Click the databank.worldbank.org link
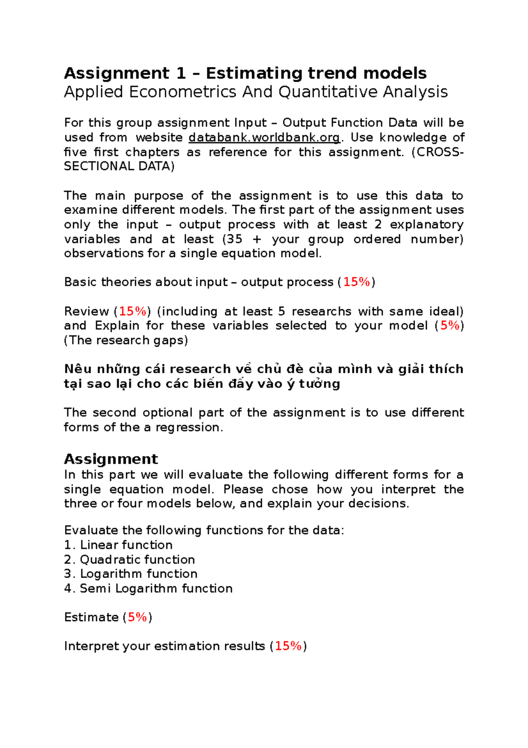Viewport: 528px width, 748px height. tap(264, 137)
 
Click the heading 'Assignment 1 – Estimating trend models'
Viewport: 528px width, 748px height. tap(245, 73)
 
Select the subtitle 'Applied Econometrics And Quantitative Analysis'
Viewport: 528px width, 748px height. tap(256, 92)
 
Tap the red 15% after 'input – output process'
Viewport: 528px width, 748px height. tap(356, 282)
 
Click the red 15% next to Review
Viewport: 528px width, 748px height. tap(132, 311)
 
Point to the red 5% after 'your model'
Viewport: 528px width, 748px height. tap(450, 326)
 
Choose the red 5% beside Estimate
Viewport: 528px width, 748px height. tap(137, 617)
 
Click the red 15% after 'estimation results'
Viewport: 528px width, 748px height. tap(288, 646)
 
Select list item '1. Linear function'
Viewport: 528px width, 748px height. tap(118, 545)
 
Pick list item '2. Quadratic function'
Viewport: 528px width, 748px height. tap(129, 559)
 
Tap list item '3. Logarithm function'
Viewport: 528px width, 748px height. tap(131, 574)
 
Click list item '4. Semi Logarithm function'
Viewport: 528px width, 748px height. tap(148, 589)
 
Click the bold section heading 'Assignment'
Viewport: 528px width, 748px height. tap(111, 459)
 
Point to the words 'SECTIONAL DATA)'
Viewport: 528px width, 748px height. tap(119, 166)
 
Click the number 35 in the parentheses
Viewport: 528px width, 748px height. tap(234, 239)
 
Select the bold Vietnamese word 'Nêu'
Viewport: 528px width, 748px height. tap(77, 369)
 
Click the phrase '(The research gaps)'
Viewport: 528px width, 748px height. tap(126, 340)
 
